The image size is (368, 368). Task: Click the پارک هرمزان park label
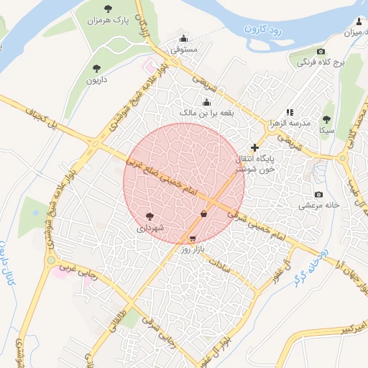coord(107,22)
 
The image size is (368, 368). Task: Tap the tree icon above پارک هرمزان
coord(108,9)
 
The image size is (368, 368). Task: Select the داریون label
coord(96,80)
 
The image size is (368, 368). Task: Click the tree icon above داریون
coord(96,68)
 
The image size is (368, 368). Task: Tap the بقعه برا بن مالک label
coord(207,114)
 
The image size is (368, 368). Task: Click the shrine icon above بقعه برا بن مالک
coord(207,101)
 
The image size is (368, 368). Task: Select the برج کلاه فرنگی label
coord(321,63)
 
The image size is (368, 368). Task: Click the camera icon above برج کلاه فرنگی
coord(321,52)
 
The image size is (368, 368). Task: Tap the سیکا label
coord(327,132)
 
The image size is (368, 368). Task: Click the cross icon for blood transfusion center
coord(254,147)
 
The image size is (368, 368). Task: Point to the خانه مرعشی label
coord(318,206)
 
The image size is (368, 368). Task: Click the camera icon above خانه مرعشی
coord(318,194)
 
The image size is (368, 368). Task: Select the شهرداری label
coord(150,228)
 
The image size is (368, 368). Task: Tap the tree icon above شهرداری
coord(149,216)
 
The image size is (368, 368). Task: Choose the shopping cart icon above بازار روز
coord(192,238)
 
